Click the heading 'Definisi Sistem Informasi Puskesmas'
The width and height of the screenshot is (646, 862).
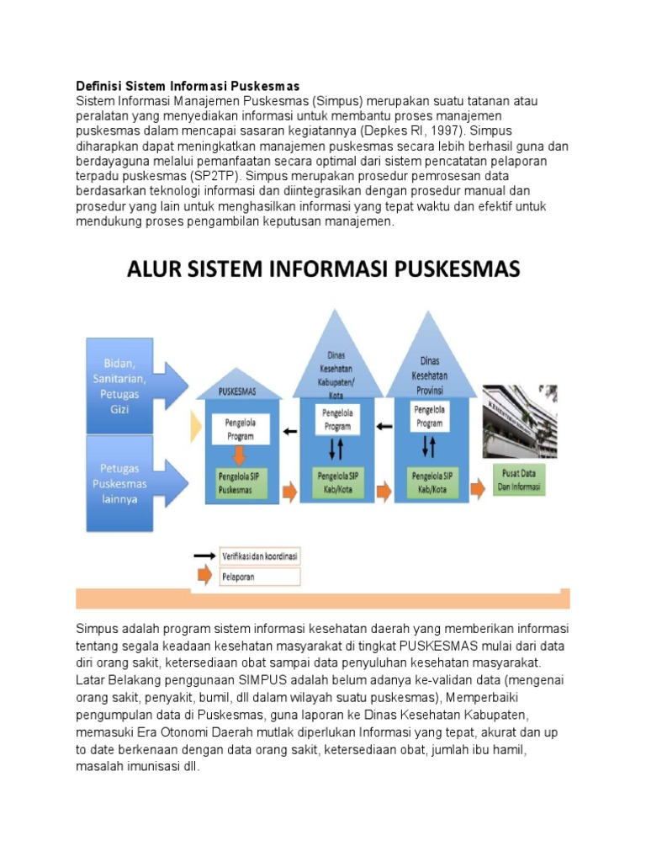[x=188, y=86]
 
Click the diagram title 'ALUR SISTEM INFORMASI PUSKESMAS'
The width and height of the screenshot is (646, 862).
[x=324, y=269]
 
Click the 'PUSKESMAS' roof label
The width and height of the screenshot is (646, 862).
[x=238, y=391]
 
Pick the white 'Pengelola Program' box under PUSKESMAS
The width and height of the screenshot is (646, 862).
[x=239, y=431]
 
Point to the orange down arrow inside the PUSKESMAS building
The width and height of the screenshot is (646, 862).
[x=239, y=455]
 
